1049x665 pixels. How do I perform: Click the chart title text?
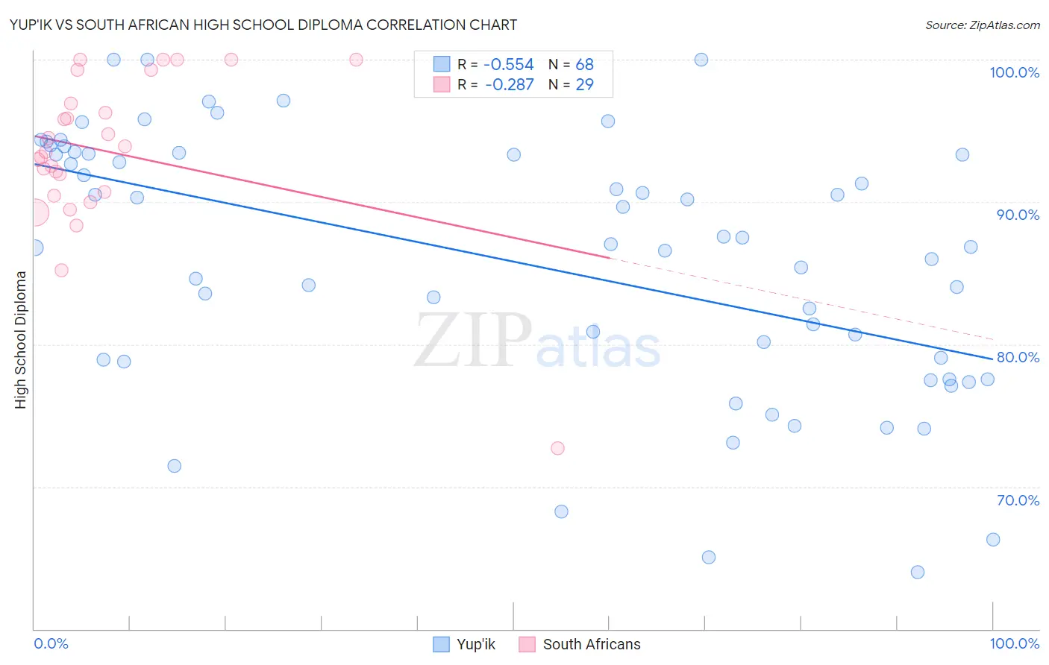pyautogui.click(x=263, y=25)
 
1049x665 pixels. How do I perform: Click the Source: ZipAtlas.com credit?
pyautogui.click(x=982, y=25)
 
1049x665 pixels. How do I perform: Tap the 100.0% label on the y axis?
pyautogui.click(x=1014, y=72)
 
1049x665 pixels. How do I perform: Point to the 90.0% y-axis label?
pyautogui.click(x=1018, y=215)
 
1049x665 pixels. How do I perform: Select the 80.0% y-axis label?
pyautogui.click(x=1018, y=357)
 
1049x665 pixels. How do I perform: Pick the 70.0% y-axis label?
pyautogui.click(x=1018, y=500)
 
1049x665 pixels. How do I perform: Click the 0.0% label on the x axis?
pyautogui.click(x=51, y=643)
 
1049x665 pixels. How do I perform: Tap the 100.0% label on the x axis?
pyautogui.click(x=1014, y=643)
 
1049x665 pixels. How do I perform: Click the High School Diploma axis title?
pyautogui.click(x=21, y=339)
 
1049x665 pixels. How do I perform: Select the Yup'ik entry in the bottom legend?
pyautogui.click(x=464, y=644)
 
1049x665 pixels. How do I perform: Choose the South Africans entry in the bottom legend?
pyautogui.click(x=580, y=644)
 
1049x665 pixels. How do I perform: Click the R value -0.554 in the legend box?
pyautogui.click(x=509, y=65)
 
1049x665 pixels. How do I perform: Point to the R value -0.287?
pyautogui.click(x=509, y=85)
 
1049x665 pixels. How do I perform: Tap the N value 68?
pyautogui.click(x=584, y=65)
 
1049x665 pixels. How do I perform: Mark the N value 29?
pyautogui.click(x=584, y=85)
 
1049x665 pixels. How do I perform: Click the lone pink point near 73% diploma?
pyautogui.click(x=557, y=448)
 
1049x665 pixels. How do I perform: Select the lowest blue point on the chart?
pyautogui.click(x=918, y=572)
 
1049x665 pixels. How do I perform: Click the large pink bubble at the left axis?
pyautogui.click(x=35, y=212)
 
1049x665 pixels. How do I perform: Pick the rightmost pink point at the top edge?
pyautogui.click(x=356, y=60)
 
